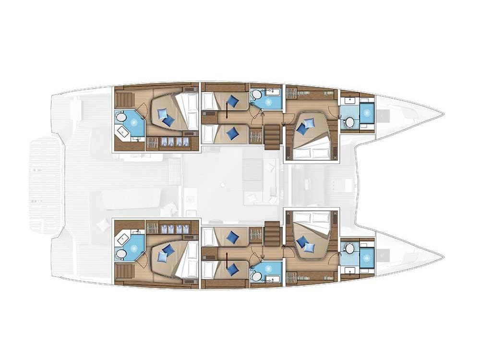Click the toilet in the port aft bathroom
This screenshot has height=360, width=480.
[x=121, y=117]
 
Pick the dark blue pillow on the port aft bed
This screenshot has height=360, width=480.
[x=168, y=121]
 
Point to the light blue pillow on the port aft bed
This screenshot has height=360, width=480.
[x=162, y=114]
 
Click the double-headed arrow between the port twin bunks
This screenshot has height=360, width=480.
[x=226, y=115]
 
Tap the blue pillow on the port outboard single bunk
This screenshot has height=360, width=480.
[x=233, y=101]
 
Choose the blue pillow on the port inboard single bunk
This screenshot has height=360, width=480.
[x=233, y=133]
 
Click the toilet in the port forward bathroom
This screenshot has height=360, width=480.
[x=349, y=122]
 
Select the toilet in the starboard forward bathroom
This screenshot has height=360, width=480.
[x=349, y=248]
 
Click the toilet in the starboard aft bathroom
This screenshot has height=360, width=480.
[x=121, y=253]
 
